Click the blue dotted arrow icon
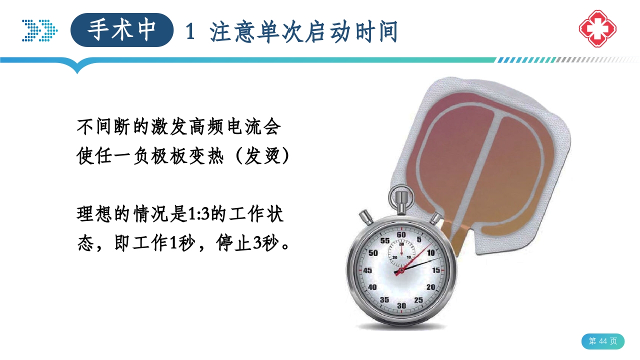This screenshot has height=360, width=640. [x=39, y=30]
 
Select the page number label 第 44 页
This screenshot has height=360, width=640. [x=602, y=341]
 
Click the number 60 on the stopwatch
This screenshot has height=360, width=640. [x=401, y=234]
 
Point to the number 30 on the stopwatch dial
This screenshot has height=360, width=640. [x=401, y=305]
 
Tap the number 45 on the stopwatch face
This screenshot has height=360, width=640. [x=367, y=270]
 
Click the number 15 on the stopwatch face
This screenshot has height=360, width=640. [x=436, y=270]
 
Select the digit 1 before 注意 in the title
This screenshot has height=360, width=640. [x=190, y=32]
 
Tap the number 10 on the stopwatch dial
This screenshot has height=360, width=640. [x=431, y=252]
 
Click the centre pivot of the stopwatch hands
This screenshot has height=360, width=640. [x=401, y=270]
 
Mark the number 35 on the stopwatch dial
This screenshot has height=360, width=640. [x=384, y=299]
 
